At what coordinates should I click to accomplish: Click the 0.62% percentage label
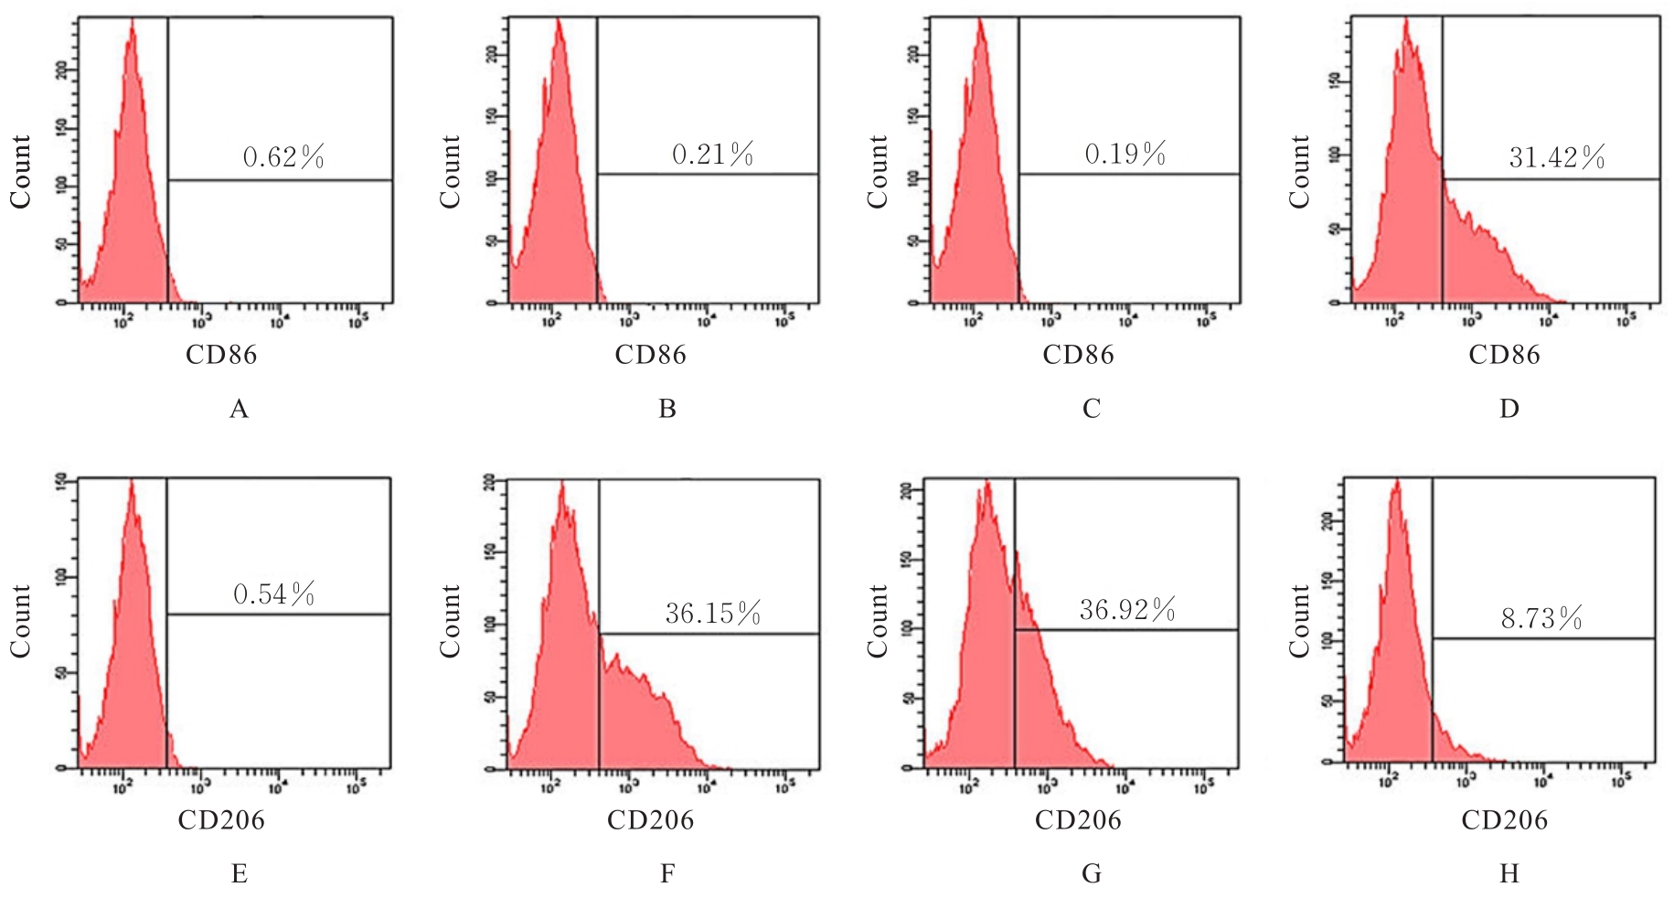[283, 158]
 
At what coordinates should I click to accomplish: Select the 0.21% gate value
[713, 155]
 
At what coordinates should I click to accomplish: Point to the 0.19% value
[1125, 154]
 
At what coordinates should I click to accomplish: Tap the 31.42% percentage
[1557, 158]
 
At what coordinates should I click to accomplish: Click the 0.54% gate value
[274, 594]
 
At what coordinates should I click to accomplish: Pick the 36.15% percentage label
[713, 613]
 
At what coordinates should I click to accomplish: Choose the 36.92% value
[1127, 609]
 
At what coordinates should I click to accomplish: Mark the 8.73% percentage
[1541, 619]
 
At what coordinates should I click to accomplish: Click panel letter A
[239, 409]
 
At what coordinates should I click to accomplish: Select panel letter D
[1509, 409]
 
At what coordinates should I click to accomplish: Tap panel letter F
[667, 874]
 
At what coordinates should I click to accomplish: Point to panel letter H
[1509, 874]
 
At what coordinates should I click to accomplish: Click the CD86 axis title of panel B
[650, 355]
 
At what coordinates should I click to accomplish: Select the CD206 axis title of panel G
[1078, 820]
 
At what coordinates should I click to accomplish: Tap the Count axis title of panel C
[877, 172]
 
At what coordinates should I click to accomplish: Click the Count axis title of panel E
[20, 621]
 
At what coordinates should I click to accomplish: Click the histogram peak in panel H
[1396, 483]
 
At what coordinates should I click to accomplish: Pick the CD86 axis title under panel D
[1504, 355]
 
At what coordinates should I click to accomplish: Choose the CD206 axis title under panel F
[650, 820]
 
